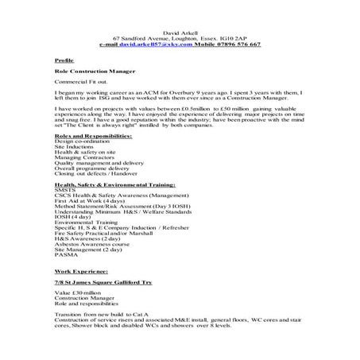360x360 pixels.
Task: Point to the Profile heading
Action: point(65,60)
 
